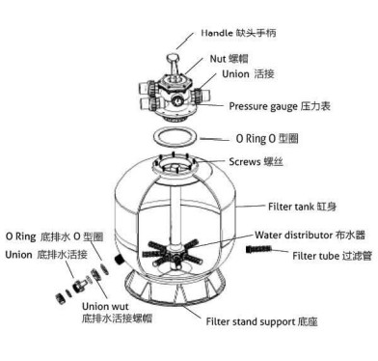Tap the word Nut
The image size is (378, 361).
218,59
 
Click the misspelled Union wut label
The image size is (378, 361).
105,306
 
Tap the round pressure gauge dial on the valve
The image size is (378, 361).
176,101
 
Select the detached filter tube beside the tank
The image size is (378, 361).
258,249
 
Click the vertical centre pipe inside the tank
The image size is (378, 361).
175,214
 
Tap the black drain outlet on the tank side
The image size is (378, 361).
119,260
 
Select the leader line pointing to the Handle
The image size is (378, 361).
185,41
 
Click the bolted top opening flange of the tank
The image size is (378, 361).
175,167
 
